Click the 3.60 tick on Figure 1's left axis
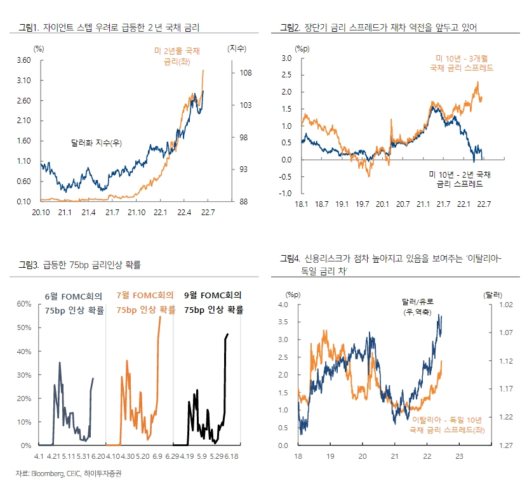coord(23,60)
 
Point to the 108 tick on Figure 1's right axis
coord(245,73)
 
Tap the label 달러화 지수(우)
coord(96,143)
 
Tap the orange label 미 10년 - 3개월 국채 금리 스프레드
coord(462,63)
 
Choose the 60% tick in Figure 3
coord(23,303)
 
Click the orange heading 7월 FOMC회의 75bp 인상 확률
coord(145,302)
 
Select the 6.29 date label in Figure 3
coord(173,455)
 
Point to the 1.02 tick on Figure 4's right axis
coord(496,305)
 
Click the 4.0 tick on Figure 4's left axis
coord(283,305)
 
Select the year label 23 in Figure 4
coord(460,455)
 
